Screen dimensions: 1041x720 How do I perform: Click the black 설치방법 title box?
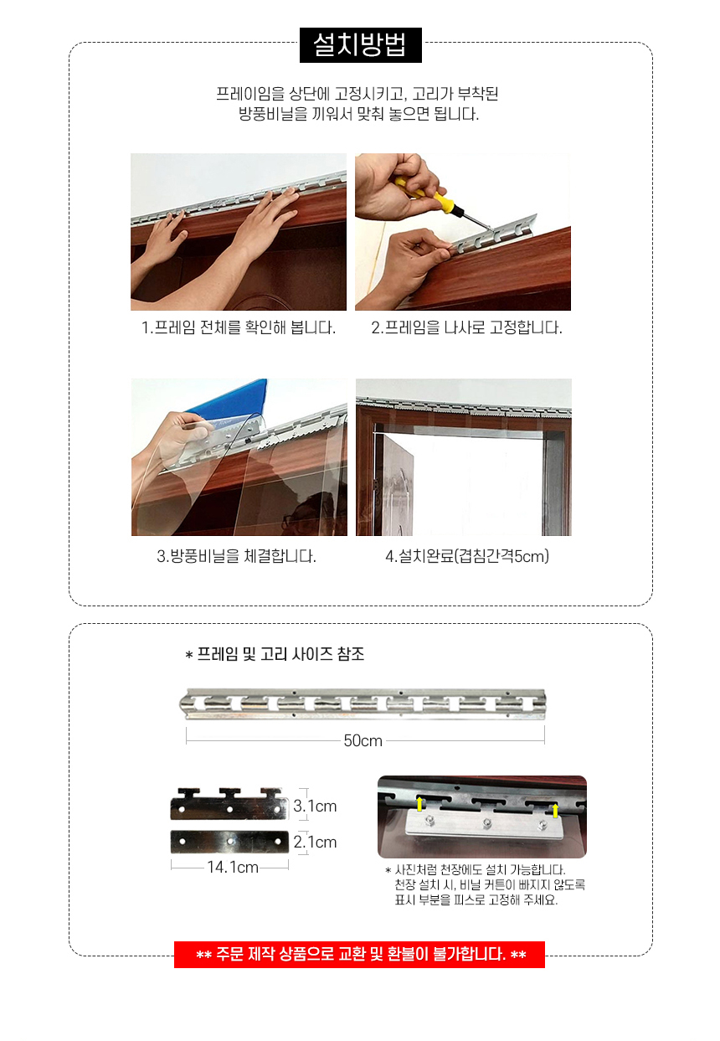click(x=360, y=45)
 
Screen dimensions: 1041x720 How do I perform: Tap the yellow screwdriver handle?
click(x=417, y=189)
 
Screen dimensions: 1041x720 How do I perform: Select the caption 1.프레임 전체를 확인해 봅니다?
click(x=239, y=327)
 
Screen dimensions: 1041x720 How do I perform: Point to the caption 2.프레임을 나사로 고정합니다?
click(x=466, y=327)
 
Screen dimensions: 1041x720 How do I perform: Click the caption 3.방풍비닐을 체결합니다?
click(x=237, y=556)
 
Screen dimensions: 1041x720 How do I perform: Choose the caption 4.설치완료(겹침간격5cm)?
click(x=466, y=556)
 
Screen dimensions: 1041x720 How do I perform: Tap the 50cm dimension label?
click(x=363, y=741)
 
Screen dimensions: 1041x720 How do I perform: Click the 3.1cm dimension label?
click(x=315, y=807)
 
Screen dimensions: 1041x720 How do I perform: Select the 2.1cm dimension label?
click(x=315, y=842)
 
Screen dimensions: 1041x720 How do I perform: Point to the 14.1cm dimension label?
click(x=232, y=868)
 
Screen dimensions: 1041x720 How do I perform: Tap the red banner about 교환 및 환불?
click(x=360, y=955)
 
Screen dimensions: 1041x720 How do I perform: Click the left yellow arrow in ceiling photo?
click(x=420, y=806)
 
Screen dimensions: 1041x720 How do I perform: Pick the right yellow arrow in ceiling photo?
click(x=554, y=810)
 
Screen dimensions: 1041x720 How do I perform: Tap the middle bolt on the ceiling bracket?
click(x=487, y=824)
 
